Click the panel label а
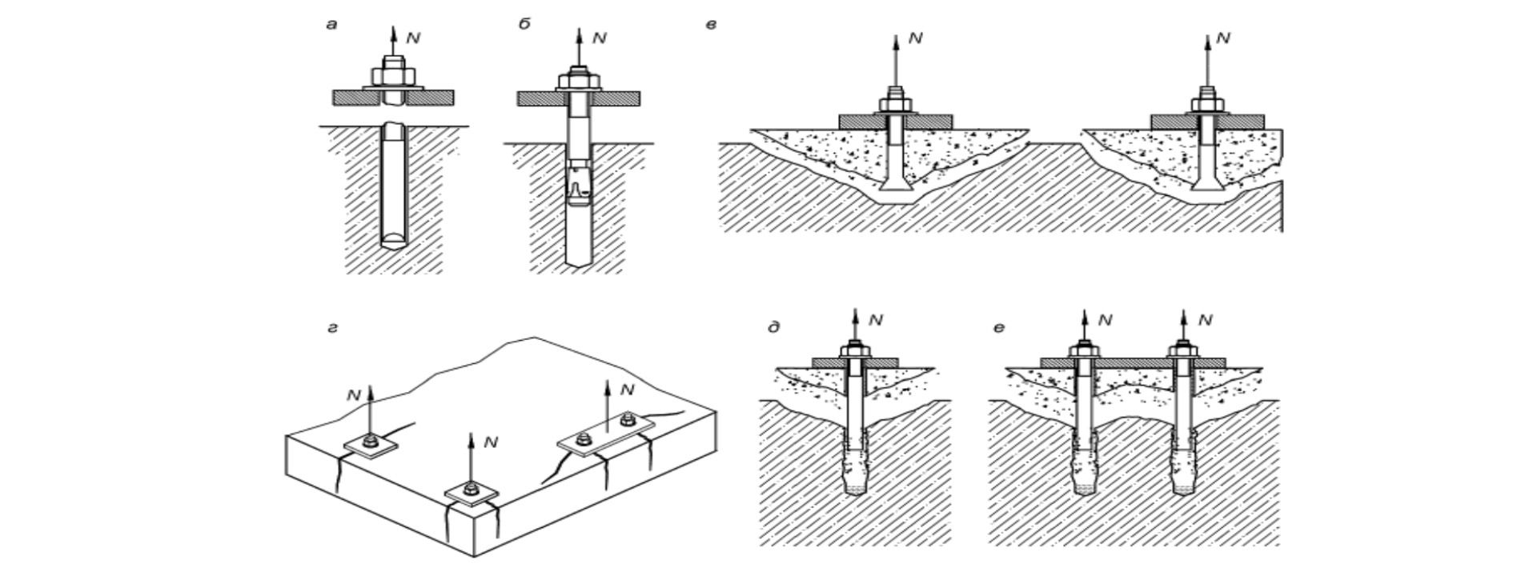click(x=331, y=25)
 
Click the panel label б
click(x=524, y=25)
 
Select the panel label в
click(x=710, y=25)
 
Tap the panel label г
click(x=332, y=328)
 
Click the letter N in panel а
click(x=413, y=38)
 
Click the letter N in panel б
click(x=600, y=38)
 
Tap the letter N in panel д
click(x=876, y=320)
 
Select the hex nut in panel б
click(x=579, y=82)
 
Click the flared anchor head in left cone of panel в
click(x=896, y=189)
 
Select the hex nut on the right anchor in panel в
click(x=1207, y=105)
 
